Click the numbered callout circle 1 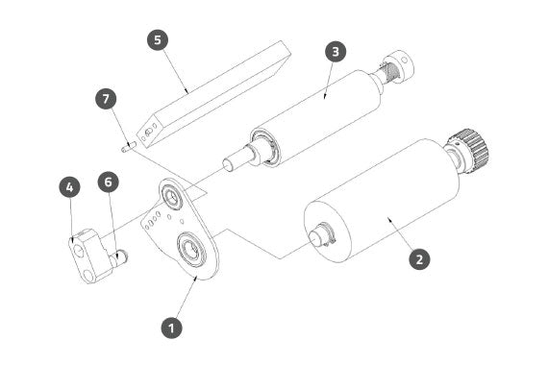(x=171, y=328)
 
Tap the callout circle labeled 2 (x=419, y=258)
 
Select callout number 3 (x=336, y=52)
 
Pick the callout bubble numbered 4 (x=70, y=187)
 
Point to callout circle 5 (x=158, y=39)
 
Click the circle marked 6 (x=109, y=182)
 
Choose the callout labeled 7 (x=106, y=99)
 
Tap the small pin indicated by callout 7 (x=128, y=147)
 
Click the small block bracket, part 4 (x=87, y=255)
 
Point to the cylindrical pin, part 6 (x=119, y=257)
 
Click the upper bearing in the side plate (x=171, y=196)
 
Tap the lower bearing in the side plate (x=192, y=249)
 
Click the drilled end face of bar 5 (x=148, y=133)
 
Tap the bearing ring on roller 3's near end (x=265, y=147)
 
